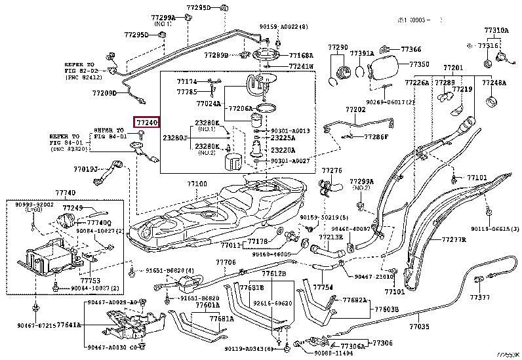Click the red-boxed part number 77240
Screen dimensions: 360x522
[x=146, y=123]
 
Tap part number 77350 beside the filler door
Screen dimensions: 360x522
[x=419, y=64]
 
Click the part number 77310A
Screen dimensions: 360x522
[x=496, y=30]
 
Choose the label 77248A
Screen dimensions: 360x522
[x=494, y=83]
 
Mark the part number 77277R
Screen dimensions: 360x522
[x=453, y=240]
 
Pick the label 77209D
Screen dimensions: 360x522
[x=104, y=93]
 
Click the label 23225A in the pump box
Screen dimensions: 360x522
[x=282, y=138]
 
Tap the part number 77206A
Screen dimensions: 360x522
[x=239, y=108]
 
